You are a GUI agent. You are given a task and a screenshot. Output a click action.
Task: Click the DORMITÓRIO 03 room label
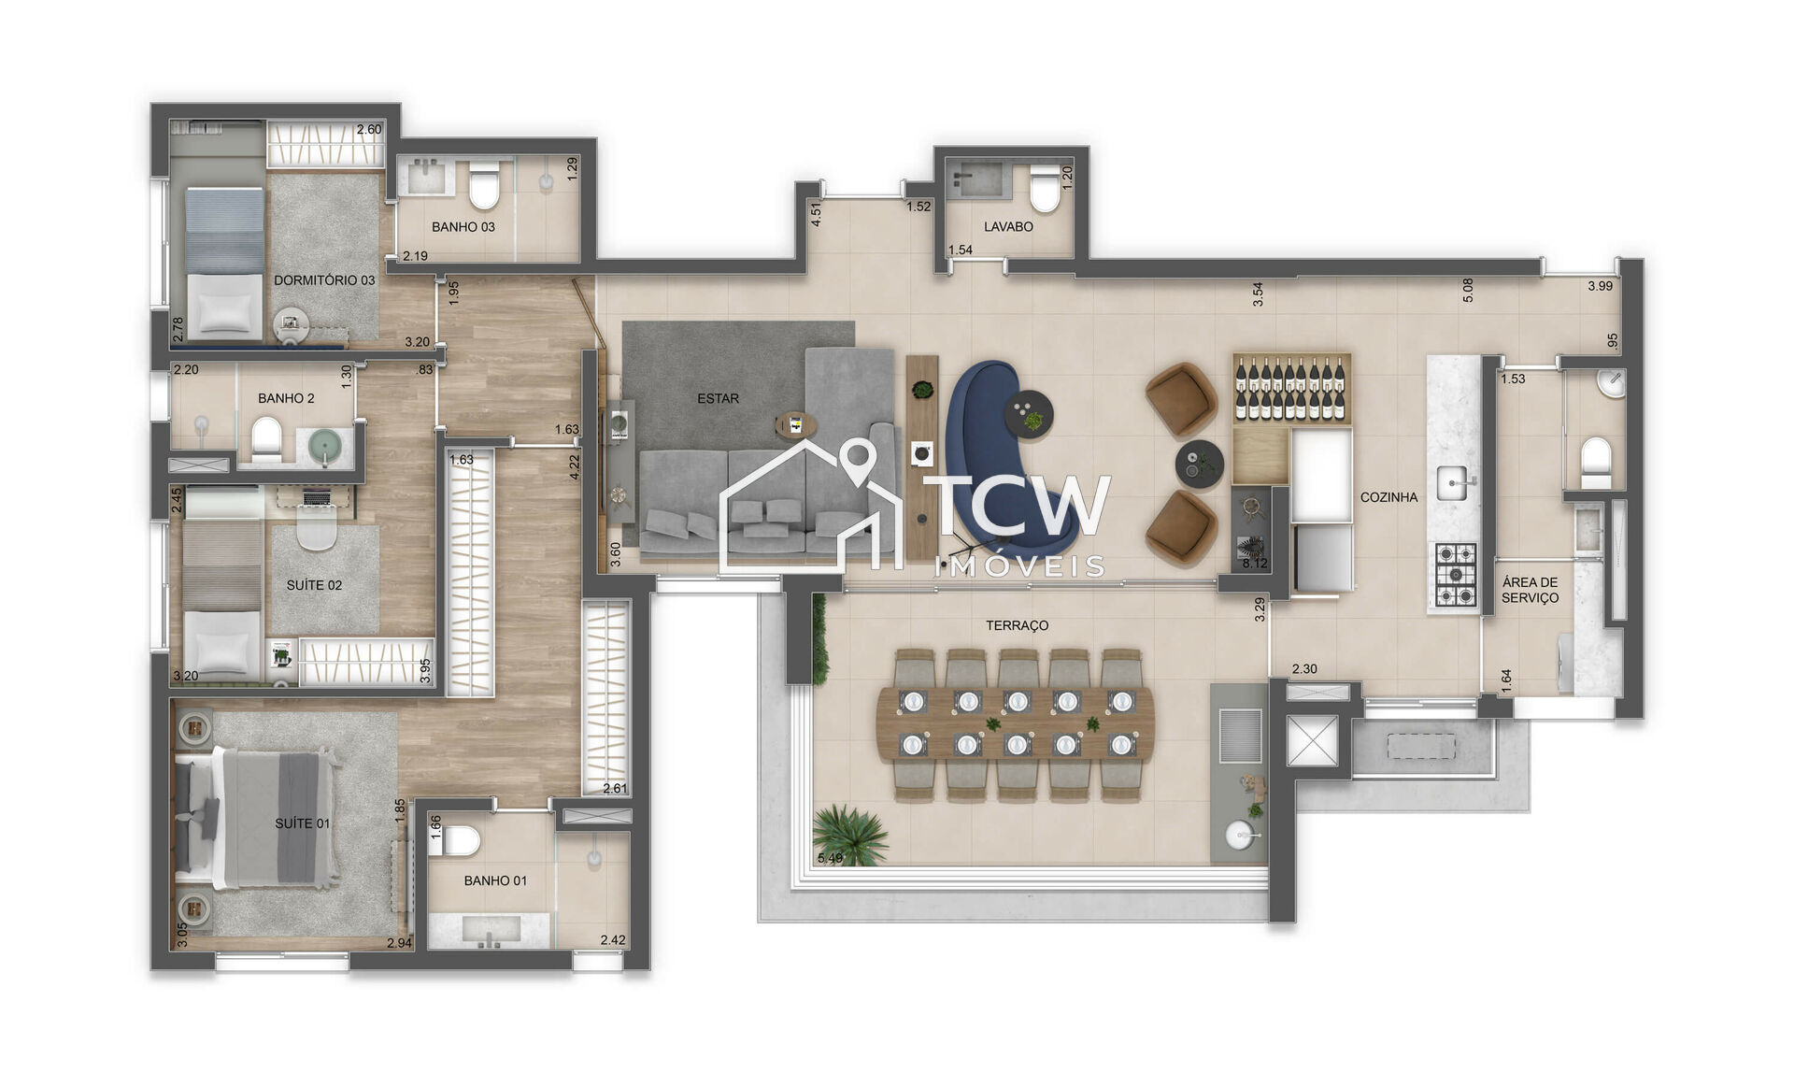pos(323,280)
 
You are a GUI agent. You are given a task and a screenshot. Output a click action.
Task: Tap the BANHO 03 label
pos(463,227)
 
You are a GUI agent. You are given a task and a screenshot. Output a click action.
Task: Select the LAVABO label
pos(1008,227)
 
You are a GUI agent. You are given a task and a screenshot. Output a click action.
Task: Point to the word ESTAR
pos(718,399)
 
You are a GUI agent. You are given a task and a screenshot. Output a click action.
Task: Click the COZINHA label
pos(1388,498)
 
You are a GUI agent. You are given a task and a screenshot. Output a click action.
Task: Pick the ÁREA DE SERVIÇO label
pos(1530,591)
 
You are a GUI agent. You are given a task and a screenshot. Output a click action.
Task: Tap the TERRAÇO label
pos(1017,626)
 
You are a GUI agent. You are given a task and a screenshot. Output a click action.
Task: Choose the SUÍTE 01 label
pos(302,824)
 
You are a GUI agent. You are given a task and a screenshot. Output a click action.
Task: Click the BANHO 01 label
pos(495,881)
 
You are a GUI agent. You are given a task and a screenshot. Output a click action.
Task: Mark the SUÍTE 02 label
pos(314,586)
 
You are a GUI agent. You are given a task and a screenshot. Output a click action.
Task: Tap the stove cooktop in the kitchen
pos(1455,575)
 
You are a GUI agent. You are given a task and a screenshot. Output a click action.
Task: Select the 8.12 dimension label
pos(1254,564)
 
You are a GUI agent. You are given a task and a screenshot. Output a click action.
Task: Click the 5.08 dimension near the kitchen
pos(1468,290)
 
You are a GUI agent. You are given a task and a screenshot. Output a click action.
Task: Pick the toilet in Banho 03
pos(484,188)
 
